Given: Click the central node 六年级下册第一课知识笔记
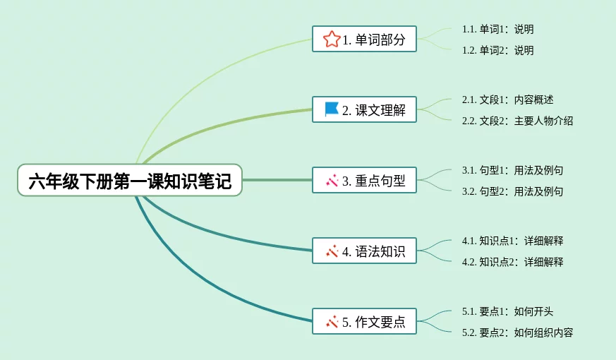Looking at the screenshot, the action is point(130,181).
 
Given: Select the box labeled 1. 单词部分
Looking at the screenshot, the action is point(364,39).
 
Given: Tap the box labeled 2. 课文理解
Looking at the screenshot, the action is point(364,109).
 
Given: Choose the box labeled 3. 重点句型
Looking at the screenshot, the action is point(364,180).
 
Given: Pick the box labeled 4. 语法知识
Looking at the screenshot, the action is point(364,251).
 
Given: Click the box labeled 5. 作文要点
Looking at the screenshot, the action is point(364,321).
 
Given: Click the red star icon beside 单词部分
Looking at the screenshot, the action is point(332,40).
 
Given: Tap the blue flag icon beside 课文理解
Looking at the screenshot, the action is point(332,109).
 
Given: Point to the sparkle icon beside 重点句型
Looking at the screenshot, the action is point(332,181).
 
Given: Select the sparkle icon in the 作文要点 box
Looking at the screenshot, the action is point(332,322).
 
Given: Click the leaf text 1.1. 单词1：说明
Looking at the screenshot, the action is point(497,29).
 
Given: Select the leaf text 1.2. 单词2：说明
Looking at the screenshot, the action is point(497,50).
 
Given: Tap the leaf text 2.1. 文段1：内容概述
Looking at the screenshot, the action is point(507,100).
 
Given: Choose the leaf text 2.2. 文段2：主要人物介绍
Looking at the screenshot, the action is point(517,121).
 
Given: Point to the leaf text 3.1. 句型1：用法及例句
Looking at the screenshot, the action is point(513,171).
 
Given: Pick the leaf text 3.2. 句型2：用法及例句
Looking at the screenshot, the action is point(513,192).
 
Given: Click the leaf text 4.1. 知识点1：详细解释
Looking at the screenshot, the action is point(513,241).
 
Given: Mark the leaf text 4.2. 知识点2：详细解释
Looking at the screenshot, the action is point(513,262).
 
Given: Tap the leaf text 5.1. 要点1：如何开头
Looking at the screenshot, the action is point(507,312).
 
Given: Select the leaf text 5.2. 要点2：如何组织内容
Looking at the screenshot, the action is point(517,333).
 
